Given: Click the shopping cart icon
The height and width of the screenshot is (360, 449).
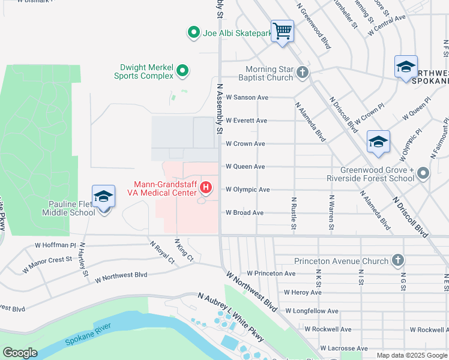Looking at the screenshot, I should (282, 30).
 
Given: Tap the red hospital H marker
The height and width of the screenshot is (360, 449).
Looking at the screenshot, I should (206, 188).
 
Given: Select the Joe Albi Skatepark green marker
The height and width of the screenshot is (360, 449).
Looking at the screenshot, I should (193, 33).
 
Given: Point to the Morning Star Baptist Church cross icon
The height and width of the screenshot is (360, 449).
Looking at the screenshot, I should (302, 73).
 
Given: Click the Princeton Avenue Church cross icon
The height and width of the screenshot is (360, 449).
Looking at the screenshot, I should (397, 260).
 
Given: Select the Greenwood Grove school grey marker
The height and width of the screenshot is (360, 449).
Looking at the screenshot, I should (423, 174).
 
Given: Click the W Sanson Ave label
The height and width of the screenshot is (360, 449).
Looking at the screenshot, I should (247, 97).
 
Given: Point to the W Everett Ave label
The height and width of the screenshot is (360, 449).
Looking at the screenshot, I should (246, 121).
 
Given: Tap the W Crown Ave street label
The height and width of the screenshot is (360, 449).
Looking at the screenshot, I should (245, 144).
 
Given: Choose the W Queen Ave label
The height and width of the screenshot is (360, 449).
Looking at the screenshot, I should (245, 167).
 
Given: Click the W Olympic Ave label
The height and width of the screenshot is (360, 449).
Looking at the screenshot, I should (247, 190).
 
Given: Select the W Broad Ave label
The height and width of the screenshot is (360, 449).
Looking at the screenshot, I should (244, 213).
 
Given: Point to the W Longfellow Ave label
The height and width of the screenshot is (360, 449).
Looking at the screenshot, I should (312, 311).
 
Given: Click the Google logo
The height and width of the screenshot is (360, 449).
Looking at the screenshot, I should (20, 353).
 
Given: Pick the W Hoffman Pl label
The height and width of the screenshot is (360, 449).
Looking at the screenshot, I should (55, 245).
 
